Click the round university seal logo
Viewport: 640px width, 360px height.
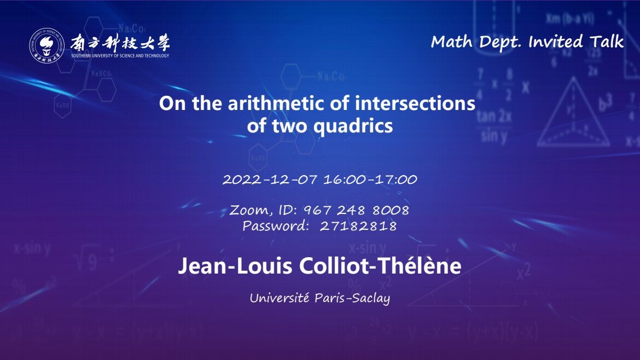(46, 46)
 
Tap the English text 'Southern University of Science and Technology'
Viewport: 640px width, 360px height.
(120, 55)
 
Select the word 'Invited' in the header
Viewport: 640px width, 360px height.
(556, 42)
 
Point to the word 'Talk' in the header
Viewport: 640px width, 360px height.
(607, 41)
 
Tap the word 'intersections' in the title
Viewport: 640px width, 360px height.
(415, 103)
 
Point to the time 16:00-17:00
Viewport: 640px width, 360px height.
(371, 179)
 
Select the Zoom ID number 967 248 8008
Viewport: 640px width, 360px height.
(356, 210)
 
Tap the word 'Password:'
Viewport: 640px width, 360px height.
(276, 226)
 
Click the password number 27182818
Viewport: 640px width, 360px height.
(358, 226)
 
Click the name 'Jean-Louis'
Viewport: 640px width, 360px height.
(236, 266)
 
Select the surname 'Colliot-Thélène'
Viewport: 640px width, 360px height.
(380, 266)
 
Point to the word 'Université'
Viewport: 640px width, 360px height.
(280, 298)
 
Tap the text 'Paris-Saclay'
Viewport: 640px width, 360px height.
(352, 298)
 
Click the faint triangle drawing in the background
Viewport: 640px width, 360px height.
(573, 112)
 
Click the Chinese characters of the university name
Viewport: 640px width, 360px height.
(120, 43)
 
